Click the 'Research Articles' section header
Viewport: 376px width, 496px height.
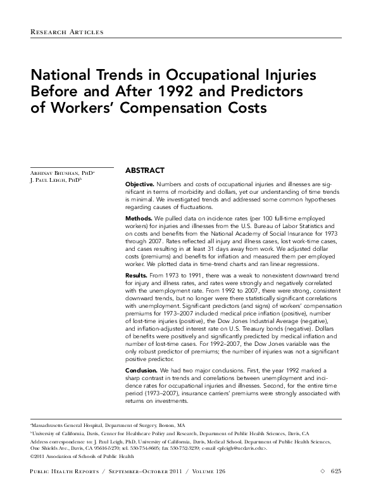66,31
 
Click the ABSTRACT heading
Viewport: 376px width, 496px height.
145,171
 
